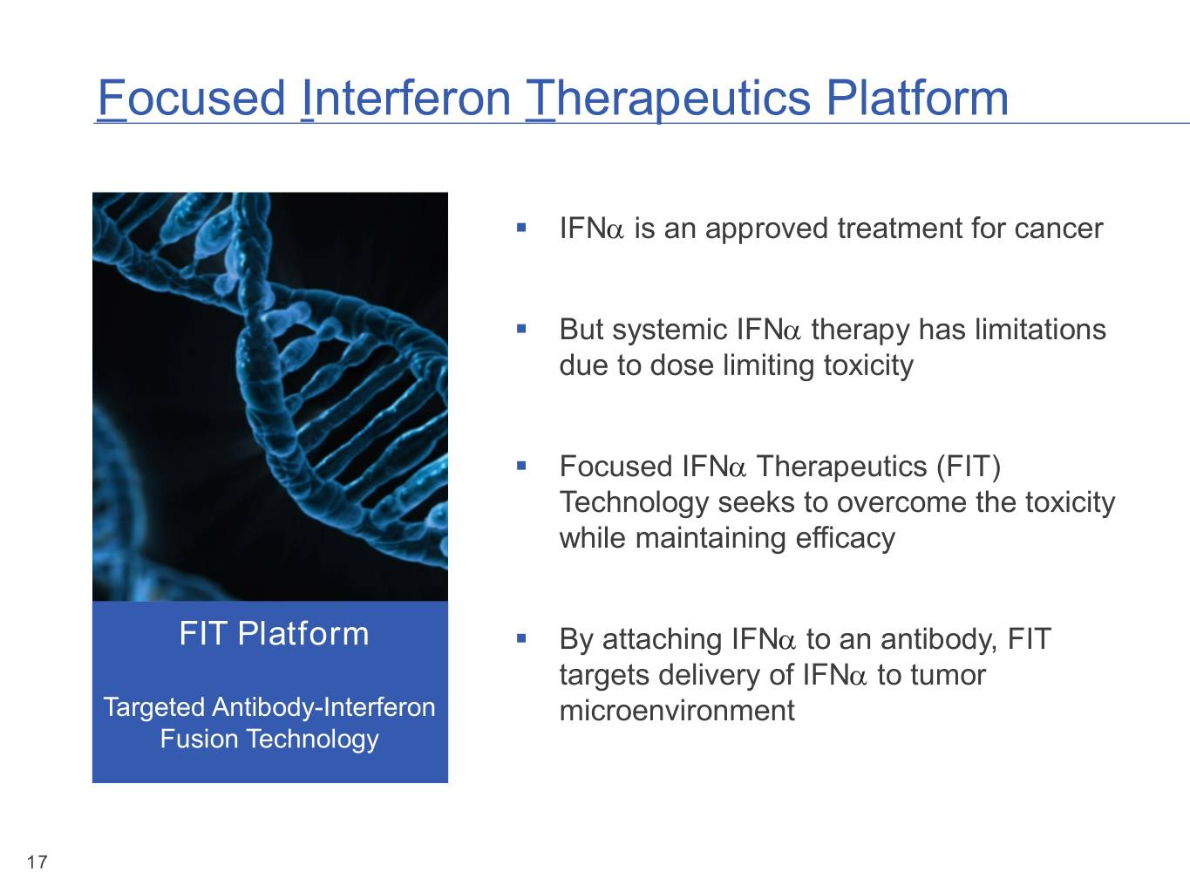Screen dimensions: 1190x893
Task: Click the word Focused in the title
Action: (x=192, y=99)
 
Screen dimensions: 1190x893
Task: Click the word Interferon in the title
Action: (x=406, y=99)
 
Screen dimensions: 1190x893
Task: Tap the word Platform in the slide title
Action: (x=917, y=99)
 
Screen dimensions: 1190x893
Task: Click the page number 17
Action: (x=37, y=862)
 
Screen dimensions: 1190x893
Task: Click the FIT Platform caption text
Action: (x=274, y=633)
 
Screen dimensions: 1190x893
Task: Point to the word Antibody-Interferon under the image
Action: (x=323, y=707)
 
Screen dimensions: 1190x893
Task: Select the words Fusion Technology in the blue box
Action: (x=269, y=740)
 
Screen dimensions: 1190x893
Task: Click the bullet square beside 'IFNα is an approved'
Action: (x=521, y=228)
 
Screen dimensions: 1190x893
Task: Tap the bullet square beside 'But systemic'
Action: (x=521, y=329)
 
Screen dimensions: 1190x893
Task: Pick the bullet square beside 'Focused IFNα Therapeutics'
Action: (x=521, y=466)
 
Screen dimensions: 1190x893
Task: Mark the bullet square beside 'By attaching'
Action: (x=521, y=638)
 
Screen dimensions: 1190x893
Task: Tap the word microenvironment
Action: (x=677, y=711)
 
